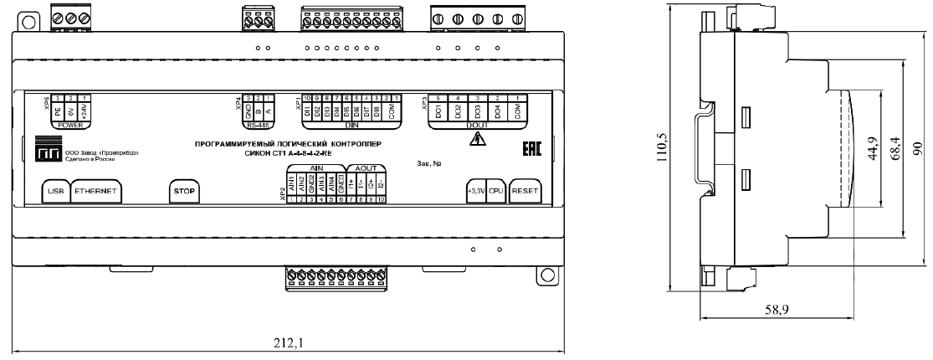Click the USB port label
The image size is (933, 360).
[56, 191]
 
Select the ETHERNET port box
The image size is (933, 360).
[95, 191]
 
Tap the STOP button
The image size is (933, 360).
[183, 191]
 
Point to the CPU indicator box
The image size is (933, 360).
[496, 191]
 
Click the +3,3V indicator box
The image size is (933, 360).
[476, 191]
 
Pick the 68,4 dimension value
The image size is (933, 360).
[894, 151]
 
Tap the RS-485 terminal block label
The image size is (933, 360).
[253, 126]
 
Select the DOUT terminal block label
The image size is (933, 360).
[477, 126]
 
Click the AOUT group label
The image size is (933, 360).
[366, 167]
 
